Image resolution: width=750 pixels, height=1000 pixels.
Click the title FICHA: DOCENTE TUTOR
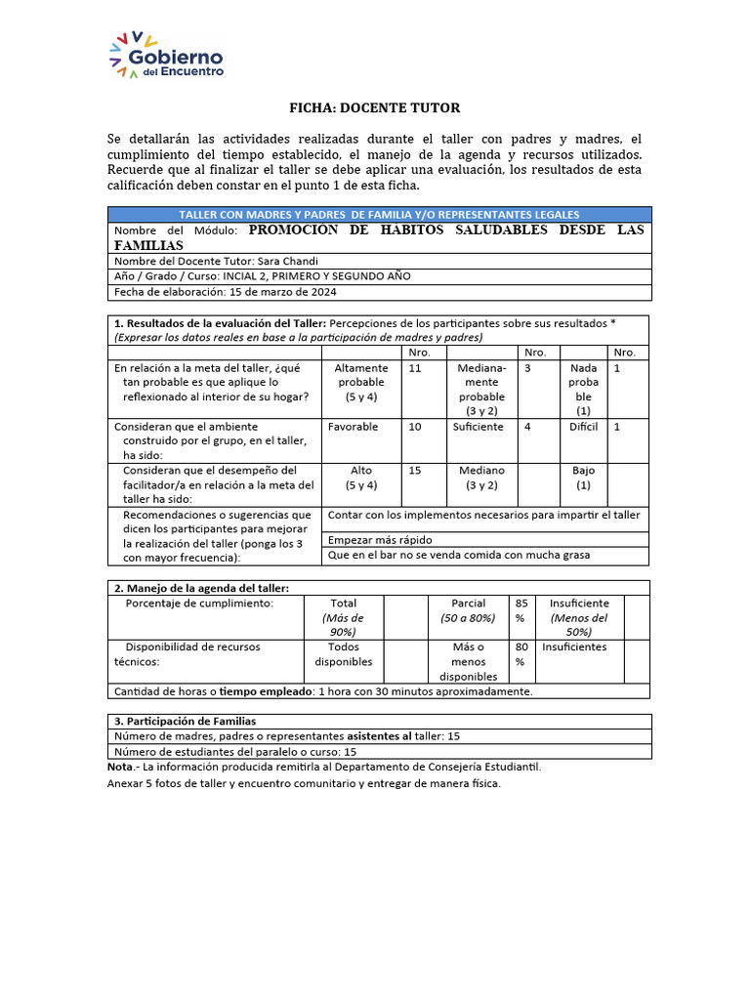click(x=374, y=107)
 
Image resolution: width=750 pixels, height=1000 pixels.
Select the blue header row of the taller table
click(x=378, y=214)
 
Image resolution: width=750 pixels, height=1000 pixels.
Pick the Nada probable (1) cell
click(x=583, y=390)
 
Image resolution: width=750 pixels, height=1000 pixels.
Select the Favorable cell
click(x=353, y=427)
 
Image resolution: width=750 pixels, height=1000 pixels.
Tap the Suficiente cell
click(x=479, y=427)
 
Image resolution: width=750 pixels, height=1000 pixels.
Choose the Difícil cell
click(x=583, y=427)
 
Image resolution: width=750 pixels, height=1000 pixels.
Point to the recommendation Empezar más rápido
click(x=381, y=539)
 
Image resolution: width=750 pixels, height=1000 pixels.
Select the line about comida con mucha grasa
click(x=459, y=555)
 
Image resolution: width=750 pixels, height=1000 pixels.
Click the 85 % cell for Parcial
click(x=521, y=610)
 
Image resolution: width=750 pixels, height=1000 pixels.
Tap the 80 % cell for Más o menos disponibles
click(x=521, y=654)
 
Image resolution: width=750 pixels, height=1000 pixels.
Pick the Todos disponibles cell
click(x=343, y=654)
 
